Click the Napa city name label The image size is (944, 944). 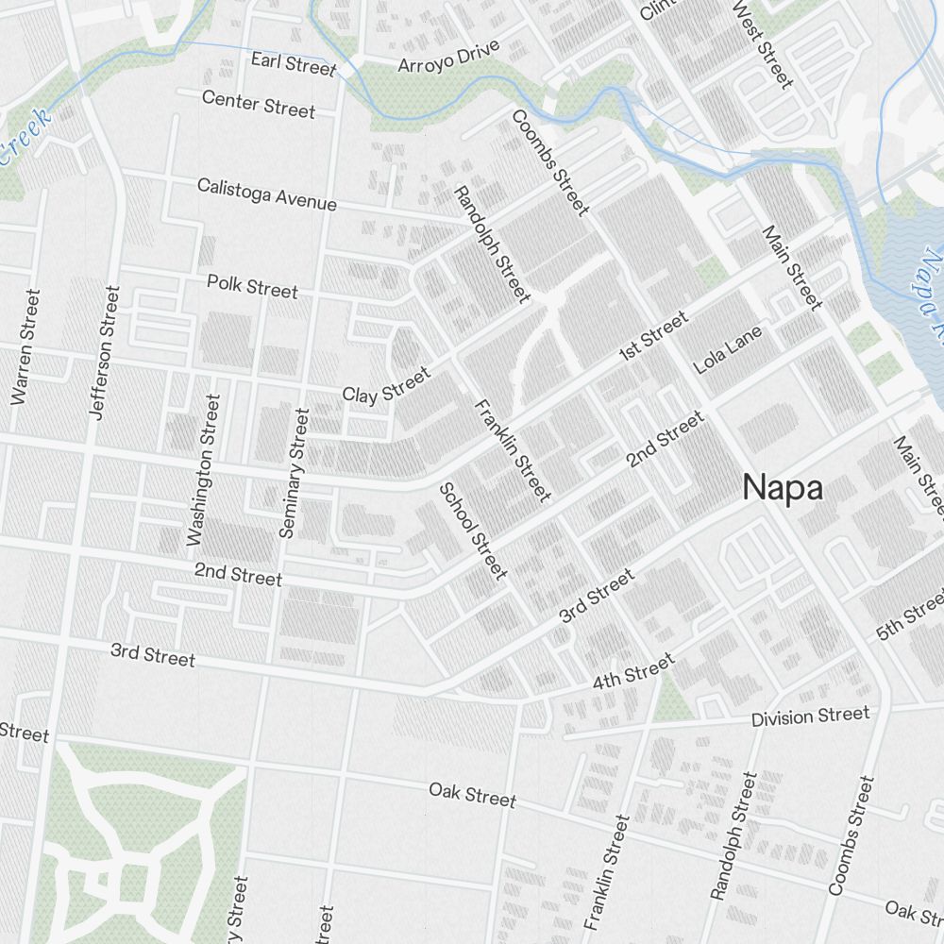point(782,488)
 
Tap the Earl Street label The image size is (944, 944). point(294,64)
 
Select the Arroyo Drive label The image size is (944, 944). point(447,59)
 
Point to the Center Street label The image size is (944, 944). point(259,104)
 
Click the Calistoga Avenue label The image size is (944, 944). point(267,194)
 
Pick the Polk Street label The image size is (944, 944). point(252,286)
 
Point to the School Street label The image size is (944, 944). point(473,531)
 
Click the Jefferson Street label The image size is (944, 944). point(103,351)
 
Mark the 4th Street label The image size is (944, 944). point(633,671)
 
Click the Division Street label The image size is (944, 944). point(810,716)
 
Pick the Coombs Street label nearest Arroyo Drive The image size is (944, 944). point(550,162)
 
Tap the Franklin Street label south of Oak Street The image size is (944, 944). point(606,872)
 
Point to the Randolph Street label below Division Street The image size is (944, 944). point(733,836)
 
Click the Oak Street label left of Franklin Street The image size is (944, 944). point(472,795)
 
